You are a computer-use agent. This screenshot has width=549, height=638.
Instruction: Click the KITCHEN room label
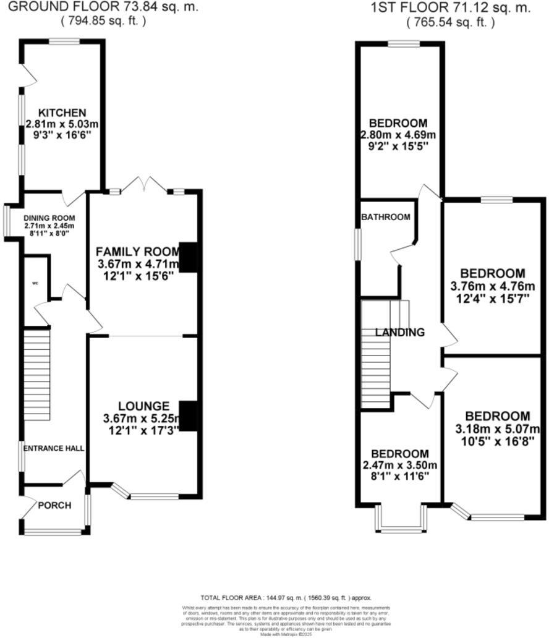[x=62, y=113]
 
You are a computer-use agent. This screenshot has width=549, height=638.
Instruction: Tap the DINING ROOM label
[x=49, y=218]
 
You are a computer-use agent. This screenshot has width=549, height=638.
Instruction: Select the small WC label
[x=35, y=284]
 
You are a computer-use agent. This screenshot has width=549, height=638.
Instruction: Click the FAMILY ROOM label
[x=137, y=252]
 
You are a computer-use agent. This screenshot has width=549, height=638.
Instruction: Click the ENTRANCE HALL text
[x=54, y=448]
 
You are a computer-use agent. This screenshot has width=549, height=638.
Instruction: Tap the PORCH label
[x=54, y=505]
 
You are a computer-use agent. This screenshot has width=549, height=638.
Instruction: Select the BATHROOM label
[x=386, y=217]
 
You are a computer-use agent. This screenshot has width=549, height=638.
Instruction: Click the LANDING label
[x=400, y=333]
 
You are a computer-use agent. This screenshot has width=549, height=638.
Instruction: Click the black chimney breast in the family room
[x=188, y=257]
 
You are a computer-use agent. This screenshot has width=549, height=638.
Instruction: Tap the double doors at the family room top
[x=144, y=184]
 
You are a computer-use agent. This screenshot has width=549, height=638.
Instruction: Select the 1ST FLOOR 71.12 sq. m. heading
[x=450, y=8]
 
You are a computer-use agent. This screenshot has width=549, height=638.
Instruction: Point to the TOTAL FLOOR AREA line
[x=286, y=598]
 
